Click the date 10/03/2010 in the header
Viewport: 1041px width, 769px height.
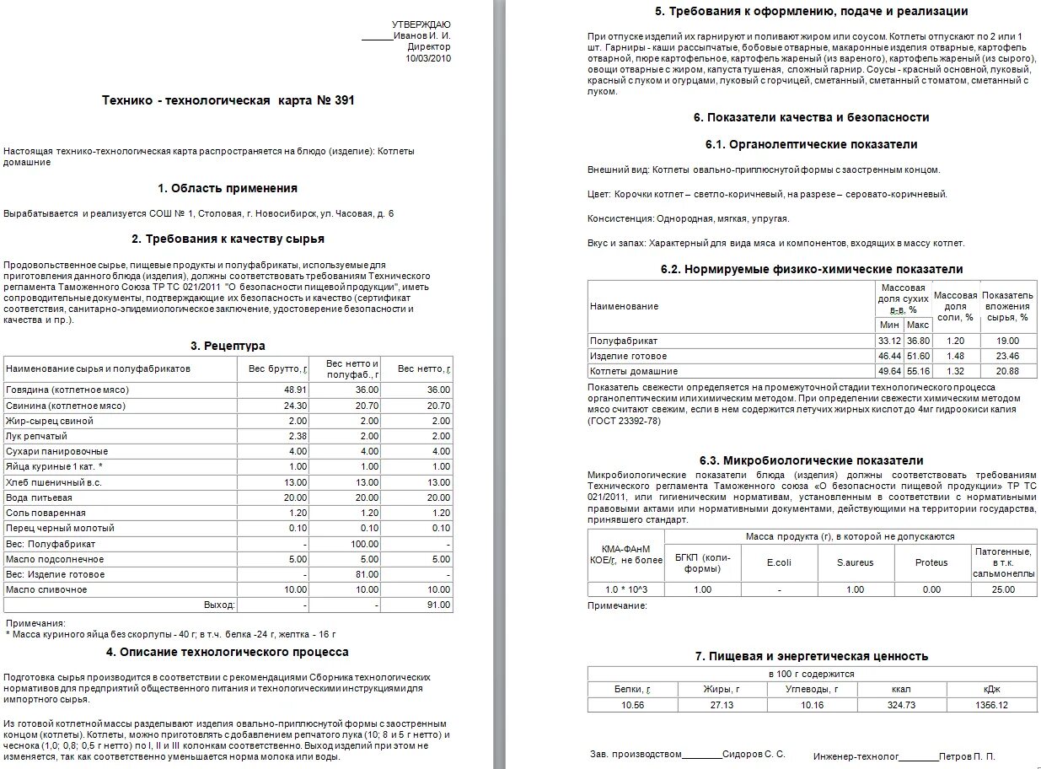tap(428, 58)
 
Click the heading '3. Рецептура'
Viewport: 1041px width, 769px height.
tap(228, 346)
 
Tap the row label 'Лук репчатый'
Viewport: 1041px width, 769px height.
tap(36, 436)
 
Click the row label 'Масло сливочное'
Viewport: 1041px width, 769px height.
tap(46, 589)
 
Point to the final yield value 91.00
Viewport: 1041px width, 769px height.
tap(438, 605)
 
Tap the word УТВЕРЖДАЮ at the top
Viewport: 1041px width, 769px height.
tap(421, 24)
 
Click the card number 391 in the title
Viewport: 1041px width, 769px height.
tap(345, 100)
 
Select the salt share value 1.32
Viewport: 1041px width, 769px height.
tap(954, 371)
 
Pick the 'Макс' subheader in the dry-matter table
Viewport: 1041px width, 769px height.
tap(917, 325)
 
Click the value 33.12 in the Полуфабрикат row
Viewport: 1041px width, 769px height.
tap(888, 341)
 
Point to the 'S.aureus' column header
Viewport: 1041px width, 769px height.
tap(855, 562)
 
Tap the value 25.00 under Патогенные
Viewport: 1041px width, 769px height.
tap(1002, 589)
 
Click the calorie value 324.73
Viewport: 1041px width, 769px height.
tap(901, 705)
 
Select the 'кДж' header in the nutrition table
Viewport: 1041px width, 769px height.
tap(990, 689)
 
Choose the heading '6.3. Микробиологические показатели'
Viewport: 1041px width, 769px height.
tap(811, 460)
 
